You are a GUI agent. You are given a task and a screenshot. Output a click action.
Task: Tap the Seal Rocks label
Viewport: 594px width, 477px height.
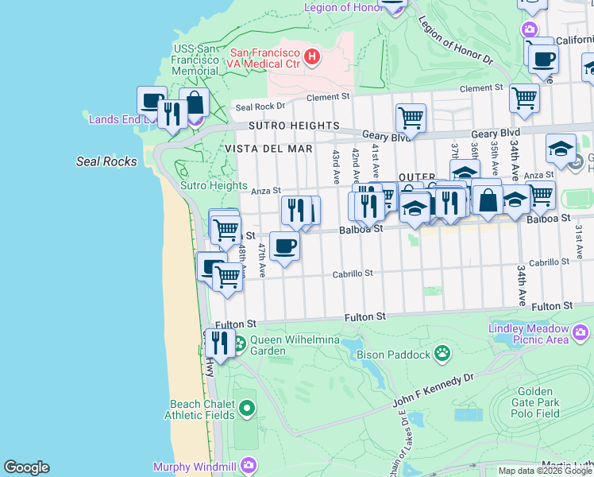[x=106, y=161]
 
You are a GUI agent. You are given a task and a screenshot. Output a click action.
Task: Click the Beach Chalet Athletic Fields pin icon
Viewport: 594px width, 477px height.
[x=247, y=409]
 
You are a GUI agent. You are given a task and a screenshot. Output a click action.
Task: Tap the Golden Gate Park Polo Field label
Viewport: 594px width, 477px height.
[x=538, y=402]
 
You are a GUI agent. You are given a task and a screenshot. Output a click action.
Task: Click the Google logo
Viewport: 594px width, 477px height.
[x=26, y=467]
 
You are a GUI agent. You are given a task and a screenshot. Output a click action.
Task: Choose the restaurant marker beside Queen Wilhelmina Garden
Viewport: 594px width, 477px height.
[x=218, y=342]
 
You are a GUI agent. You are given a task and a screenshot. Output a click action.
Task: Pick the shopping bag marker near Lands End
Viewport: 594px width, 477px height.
[x=194, y=102]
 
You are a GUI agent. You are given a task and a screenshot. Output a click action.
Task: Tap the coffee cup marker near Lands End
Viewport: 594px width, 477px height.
[x=151, y=100]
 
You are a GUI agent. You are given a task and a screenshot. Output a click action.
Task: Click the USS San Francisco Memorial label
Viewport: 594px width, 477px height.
[x=195, y=60]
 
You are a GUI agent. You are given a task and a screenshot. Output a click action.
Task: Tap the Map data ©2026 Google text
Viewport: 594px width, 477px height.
[x=544, y=471]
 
